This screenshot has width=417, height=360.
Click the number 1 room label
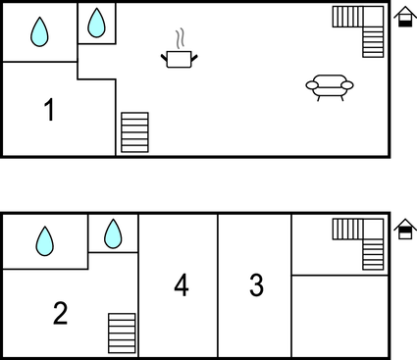pyautogui.click(x=49, y=110)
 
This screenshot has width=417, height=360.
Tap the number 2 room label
pyautogui.click(x=60, y=313)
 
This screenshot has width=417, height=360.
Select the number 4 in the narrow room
pyautogui.click(x=181, y=285)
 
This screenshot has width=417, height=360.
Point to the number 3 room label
pyautogui.click(x=256, y=285)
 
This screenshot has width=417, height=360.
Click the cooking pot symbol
pyautogui.click(x=179, y=60)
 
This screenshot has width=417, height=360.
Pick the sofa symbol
pyautogui.click(x=329, y=87)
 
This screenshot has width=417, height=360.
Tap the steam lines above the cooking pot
pyautogui.click(x=179, y=38)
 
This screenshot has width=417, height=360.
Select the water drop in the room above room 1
pyautogui.click(x=38, y=32)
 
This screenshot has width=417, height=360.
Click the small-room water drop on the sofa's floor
pyautogui.click(x=96, y=23)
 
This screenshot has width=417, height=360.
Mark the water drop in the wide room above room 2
pyautogui.click(x=45, y=240)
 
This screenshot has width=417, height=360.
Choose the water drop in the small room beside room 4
pyautogui.click(x=113, y=233)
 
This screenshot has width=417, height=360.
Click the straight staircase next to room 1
pyautogui.click(x=134, y=131)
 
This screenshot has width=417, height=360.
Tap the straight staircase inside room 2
pyautogui.click(x=122, y=332)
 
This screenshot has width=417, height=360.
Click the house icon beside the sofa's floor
pyautogui.click(x=403, y=19)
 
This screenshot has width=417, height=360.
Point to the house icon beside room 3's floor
pyautogui.click(x=403, y=230)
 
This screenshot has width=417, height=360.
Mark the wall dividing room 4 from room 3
pyautogui.click(x=218, y=284)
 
